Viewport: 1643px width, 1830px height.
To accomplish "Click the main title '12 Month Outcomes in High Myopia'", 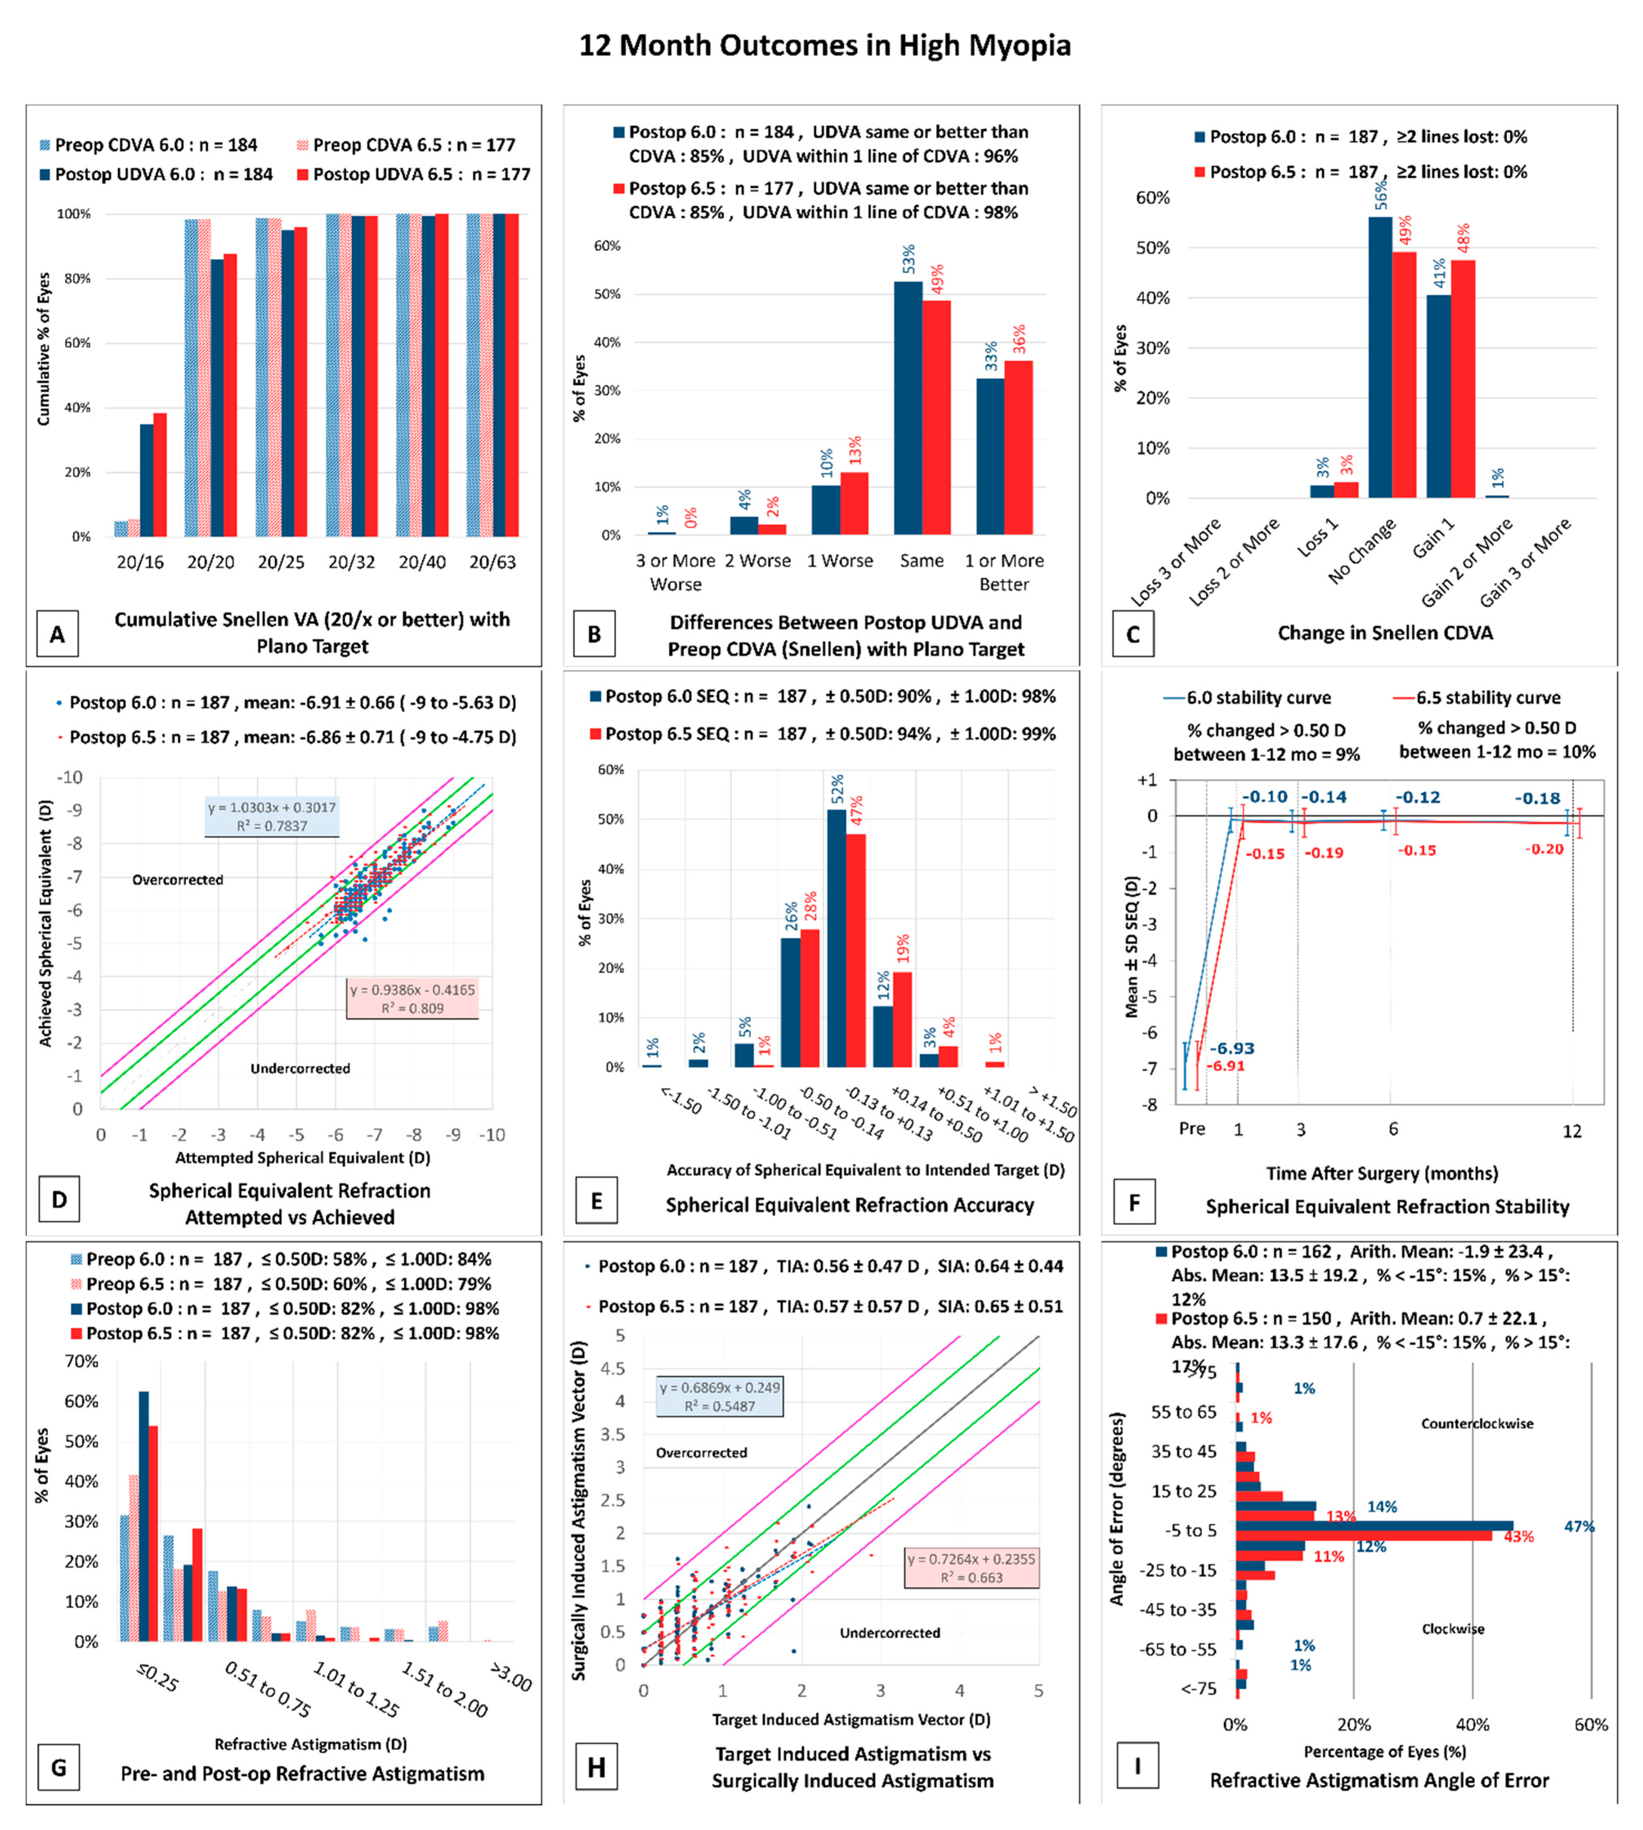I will pos(824,45).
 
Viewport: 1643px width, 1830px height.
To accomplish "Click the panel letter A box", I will pos(57,634).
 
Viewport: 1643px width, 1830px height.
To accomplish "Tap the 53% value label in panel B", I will pos(908,259).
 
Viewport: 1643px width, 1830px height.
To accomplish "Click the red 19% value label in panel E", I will pos(903,949).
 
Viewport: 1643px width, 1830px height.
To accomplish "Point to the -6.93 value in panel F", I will pos(1232,1048).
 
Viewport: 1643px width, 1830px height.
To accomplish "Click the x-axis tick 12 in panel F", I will pos(1571,1131).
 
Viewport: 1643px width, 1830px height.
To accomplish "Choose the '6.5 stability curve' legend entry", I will pos(1488,698).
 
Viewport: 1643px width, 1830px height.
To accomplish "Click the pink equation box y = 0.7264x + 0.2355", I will pos(972,1568).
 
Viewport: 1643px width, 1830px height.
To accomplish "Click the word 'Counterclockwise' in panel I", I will pos(1477,1424).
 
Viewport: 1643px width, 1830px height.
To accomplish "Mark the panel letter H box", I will pos(596,1768).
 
